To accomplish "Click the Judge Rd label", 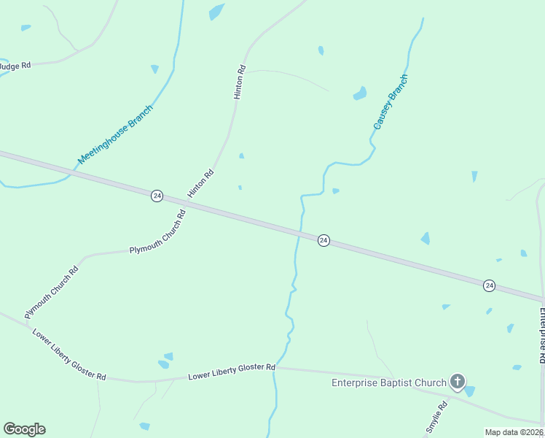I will (15, 66).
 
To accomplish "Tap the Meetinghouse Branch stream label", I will (115, 135).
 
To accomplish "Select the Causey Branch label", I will (390, 102).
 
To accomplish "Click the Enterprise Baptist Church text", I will (388, 383).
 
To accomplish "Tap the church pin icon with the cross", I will (457, 381).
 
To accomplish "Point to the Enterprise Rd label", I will (542, 336).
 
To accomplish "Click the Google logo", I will (24, 429).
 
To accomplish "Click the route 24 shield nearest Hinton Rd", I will (157, 196).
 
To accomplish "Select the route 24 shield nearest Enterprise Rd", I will (489, 285).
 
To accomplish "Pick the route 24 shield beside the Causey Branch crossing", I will (324, 240).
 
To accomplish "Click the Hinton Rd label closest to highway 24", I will (200, 183).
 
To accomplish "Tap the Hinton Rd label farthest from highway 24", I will (239, 82).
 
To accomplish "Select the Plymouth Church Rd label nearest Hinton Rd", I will (157, 232).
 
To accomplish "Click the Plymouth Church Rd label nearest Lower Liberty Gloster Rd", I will (51, 293).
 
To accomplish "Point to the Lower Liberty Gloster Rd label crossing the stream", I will (231, 372).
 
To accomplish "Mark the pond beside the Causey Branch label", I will (360, 93).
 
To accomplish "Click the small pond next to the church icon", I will (470, 391).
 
